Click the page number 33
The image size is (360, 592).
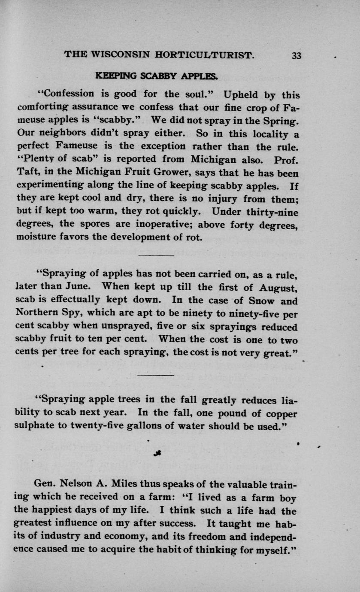(x=297, y=55)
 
